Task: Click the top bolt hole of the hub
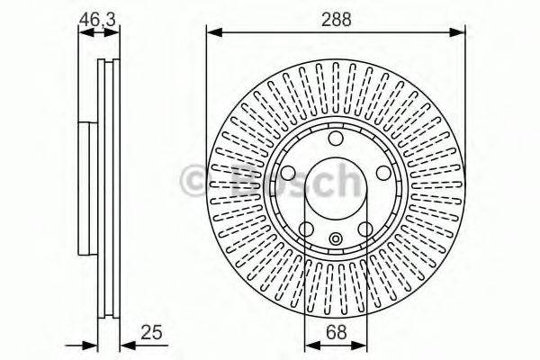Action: (x=335, y=139)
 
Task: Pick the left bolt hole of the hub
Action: (x=289, y=174)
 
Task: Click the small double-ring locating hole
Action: (x=335, y=239)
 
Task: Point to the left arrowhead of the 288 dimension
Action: (x=213, y=33)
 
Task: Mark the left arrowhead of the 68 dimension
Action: (x=309, y=344)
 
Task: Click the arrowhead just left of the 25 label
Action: (x=124, y=344)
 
